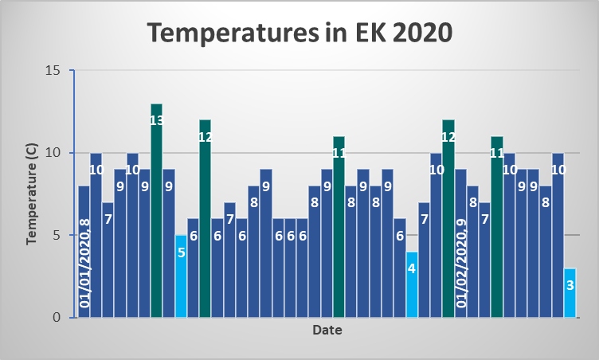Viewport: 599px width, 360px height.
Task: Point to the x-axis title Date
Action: point(327,329)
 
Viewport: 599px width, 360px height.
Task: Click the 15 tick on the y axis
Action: point(53,70)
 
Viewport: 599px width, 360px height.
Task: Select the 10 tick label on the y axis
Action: point(53,153)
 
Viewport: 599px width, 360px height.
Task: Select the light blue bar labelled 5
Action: point(181,279)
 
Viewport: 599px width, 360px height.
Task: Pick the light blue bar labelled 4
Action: point(411,287)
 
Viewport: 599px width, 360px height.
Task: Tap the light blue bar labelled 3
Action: point(570,295)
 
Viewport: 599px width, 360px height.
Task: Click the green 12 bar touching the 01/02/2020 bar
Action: point(448,223)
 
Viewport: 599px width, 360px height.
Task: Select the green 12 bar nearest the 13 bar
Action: point(205,223)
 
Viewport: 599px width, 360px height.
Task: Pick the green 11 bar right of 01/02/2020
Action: point(497,231)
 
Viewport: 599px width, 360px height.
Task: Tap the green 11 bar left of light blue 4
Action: point(339,231)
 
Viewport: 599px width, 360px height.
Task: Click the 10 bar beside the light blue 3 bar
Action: point(558,239)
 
